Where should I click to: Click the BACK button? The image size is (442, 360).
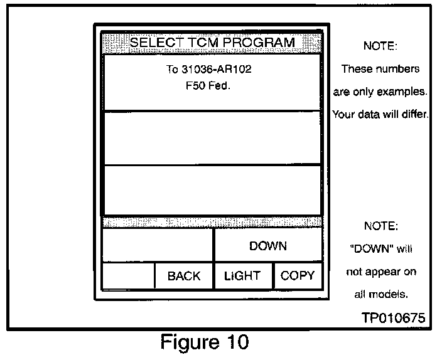point(184,276)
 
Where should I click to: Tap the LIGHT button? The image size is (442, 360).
point(242,276)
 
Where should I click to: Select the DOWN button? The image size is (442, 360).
point(267,246)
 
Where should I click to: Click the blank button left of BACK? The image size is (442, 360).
point(129,276)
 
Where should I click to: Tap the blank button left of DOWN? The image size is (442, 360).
point(158,246)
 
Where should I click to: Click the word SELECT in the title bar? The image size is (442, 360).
point(155,43)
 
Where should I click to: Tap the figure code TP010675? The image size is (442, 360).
point(393,318)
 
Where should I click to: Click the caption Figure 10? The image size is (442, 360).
point(205,343)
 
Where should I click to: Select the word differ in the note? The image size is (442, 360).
point(412,115)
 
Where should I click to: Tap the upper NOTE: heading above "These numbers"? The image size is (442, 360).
point(380,46)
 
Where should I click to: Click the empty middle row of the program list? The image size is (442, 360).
point(212,139)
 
